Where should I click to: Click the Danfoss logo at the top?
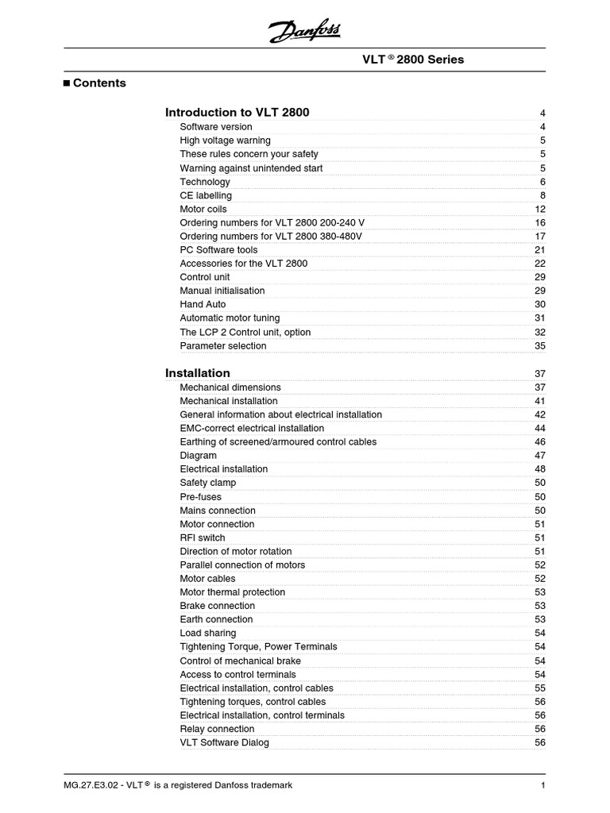(x=304, y=32)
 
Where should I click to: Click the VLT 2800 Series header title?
(x=413, y=60)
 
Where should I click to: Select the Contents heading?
(x=98, y=83)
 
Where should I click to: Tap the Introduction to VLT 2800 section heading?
(x=237, y=112)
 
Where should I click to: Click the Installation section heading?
(x=197, y=372)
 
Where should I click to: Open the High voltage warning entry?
(x=225, y=141)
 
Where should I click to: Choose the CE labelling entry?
(x=206, y=195)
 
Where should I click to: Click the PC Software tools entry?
(x=218, y=249)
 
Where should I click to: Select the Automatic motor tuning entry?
(x=230, y=318)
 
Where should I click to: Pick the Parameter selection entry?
(x=223, y=345)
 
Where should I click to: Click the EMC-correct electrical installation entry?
(x=252, y=428)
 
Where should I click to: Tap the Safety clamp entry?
(x=207, y=483)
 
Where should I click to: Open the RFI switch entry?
(x=202, y=538)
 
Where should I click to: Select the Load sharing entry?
(x=207, y=633)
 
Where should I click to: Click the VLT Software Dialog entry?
(x=224, y=742)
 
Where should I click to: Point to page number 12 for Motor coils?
(x=540, y=209)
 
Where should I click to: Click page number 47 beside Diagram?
(x=540, y=456)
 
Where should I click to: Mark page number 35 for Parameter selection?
(x=540, y=345)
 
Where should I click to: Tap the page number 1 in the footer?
(x=542, y=785)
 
